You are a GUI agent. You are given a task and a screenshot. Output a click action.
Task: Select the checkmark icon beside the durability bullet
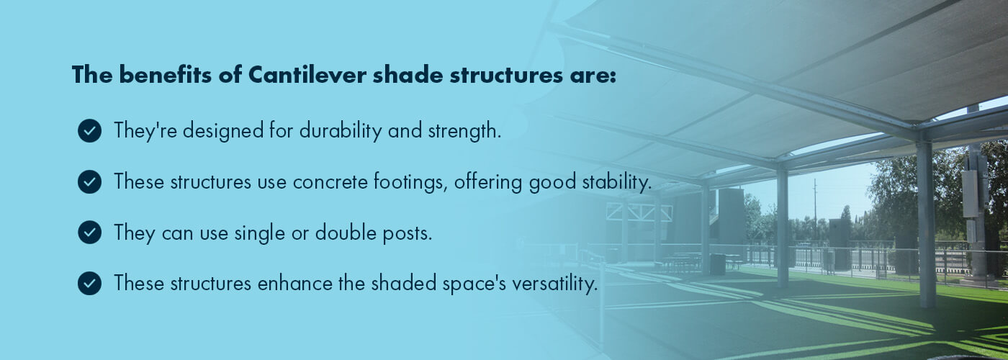pos(89,131)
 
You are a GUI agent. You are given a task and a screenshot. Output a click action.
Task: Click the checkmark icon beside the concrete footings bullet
pos(89,182)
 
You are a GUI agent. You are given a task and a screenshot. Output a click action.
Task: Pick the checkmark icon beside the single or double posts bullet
pos(89,233)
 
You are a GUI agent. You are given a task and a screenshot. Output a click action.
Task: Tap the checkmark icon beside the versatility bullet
pos(89,284)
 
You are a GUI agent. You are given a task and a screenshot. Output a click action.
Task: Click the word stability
pos(616,182)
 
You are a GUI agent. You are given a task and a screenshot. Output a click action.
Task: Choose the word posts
pos(406,233)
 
